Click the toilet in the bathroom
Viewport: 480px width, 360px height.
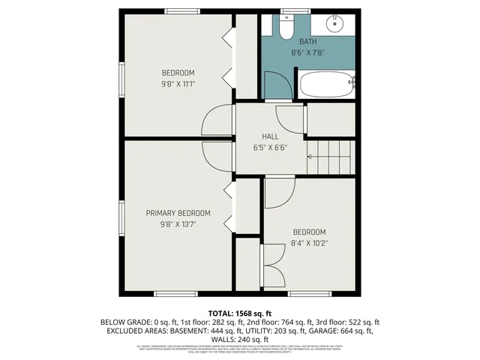coord(285,28)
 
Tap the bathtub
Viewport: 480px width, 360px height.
coord(326,85)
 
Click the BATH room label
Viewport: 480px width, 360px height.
coord(307,42)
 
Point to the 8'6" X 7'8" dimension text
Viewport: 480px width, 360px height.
coord(307,52)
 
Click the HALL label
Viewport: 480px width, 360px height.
coord(270,136)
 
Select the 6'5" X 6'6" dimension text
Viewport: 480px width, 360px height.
coord(270,147)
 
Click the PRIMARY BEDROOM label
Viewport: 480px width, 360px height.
coord(178,213)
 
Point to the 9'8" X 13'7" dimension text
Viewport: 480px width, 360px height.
coord(178,223)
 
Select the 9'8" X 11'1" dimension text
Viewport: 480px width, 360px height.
coord(178,83)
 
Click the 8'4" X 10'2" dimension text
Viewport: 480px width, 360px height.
coord(309,242)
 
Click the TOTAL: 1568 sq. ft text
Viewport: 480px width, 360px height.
coord(239,312)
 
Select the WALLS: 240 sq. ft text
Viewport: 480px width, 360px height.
coord(239,339)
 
